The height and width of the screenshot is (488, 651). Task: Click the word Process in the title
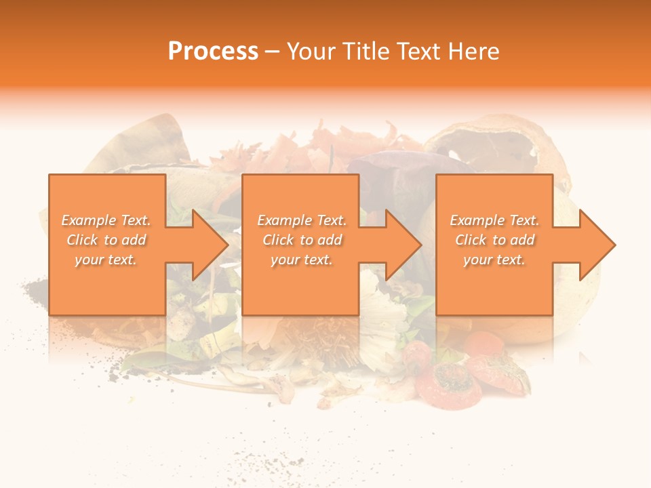click(213, 52)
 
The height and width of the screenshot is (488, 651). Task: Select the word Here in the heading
click(475, 52)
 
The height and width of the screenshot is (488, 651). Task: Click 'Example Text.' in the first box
click(106, 220)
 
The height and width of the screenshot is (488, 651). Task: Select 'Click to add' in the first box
click(106, 240)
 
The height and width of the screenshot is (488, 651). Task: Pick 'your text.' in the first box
click(106, 260)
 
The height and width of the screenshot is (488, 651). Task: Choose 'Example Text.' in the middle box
click(302, 220)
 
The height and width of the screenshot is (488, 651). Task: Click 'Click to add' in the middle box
click(302, 240)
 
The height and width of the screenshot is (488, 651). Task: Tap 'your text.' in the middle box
click(302, 260)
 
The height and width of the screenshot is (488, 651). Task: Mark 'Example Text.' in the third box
click(494, 220)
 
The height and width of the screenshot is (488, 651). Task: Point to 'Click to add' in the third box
click(494, 240)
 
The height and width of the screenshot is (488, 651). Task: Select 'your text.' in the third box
click(494, 260)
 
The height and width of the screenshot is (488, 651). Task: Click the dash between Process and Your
click(273, 52)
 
